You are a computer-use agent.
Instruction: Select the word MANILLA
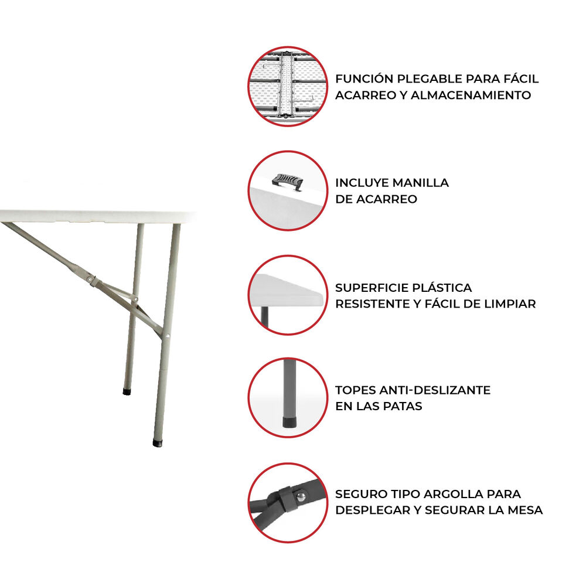[421, 182]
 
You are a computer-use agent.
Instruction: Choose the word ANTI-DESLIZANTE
[436, 390]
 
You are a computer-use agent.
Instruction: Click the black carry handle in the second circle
[289, 180]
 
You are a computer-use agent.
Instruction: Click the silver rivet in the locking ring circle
[302, 496]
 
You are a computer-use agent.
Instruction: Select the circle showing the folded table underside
[287, 86]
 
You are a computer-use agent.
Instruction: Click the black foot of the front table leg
[158, 442]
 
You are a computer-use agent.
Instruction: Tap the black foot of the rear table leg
[127, 390]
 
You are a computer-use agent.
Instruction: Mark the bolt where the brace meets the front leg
[167, 336]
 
